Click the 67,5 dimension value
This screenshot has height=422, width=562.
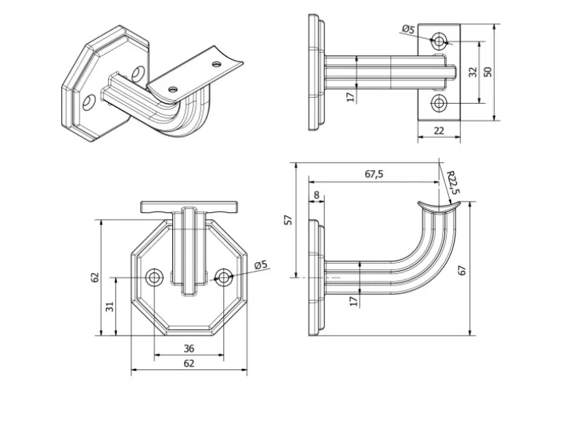point(374,174)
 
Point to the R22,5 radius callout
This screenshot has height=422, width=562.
point(452,183)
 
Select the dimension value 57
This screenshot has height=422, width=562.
point(288,219)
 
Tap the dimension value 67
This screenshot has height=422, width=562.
point(462,269)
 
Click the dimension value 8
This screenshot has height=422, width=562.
point(315,195)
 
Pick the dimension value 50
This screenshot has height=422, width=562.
point(488,72)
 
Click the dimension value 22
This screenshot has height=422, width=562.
point(439,130)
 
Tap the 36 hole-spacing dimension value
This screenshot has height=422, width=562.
point(188,348)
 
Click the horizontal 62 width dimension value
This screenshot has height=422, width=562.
point(188,363)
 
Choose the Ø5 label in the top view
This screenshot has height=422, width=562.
point(408,30)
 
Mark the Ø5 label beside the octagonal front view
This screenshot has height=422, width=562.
point(261,264)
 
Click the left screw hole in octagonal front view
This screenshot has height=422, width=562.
point(155,277)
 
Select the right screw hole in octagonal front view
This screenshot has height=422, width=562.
point(224,277)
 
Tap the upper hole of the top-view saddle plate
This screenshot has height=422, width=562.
point(439,41)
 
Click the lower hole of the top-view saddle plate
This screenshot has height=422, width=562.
point(439,103)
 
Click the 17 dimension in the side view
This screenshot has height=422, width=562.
point(353,301)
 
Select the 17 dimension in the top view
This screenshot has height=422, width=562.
point(351,96)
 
